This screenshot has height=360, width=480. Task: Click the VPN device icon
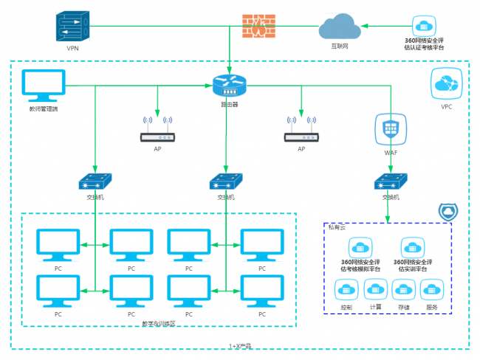72,28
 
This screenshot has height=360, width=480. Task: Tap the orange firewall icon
256,27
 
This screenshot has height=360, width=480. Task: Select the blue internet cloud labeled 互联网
340,29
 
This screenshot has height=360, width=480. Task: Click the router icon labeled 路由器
228,85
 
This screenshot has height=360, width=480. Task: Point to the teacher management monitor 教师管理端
44,87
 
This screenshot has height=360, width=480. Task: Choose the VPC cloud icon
447,84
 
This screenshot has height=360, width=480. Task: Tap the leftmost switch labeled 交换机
95,181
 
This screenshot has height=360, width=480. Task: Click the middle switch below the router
226,181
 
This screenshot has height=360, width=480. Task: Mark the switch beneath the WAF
391,181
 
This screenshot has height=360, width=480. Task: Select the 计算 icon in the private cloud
375,291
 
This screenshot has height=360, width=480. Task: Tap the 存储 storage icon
404,291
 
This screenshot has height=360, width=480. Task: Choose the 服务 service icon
431,291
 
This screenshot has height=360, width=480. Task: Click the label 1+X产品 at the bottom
240,345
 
